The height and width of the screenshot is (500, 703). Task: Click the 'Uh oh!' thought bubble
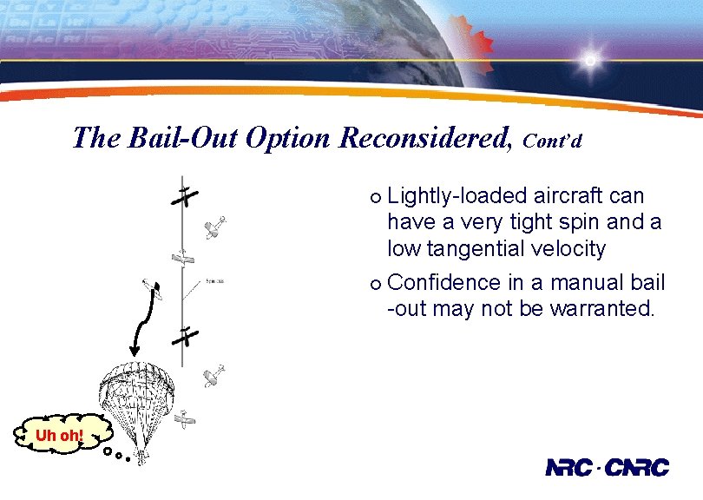[58, 434]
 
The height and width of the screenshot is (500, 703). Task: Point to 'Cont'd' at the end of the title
[552, 141]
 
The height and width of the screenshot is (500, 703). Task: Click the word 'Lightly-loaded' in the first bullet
[447, 196]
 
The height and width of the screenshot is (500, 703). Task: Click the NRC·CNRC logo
[607, 468]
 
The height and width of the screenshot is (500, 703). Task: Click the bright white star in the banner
[590, 61]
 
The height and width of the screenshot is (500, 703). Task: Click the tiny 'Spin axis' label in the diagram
[215, 281]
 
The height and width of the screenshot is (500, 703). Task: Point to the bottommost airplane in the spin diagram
[185, 420]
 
